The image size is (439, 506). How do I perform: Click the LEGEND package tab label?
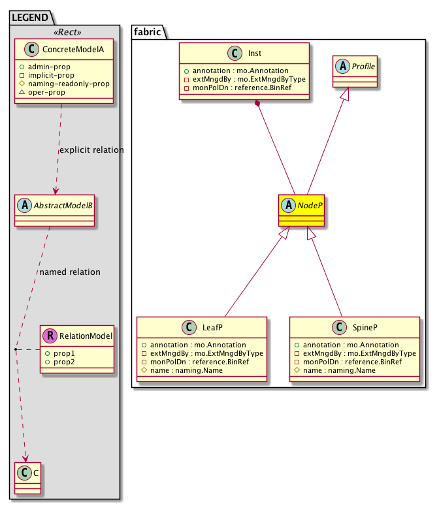tap(32, 15)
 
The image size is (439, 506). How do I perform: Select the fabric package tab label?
tap(148, 30)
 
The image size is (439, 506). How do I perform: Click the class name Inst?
tap(256, 54)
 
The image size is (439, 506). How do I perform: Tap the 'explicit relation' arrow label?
tap(91, 150)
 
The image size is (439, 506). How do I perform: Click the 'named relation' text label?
tap(69, 272)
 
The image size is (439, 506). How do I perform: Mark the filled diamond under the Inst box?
tap(259, 104)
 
